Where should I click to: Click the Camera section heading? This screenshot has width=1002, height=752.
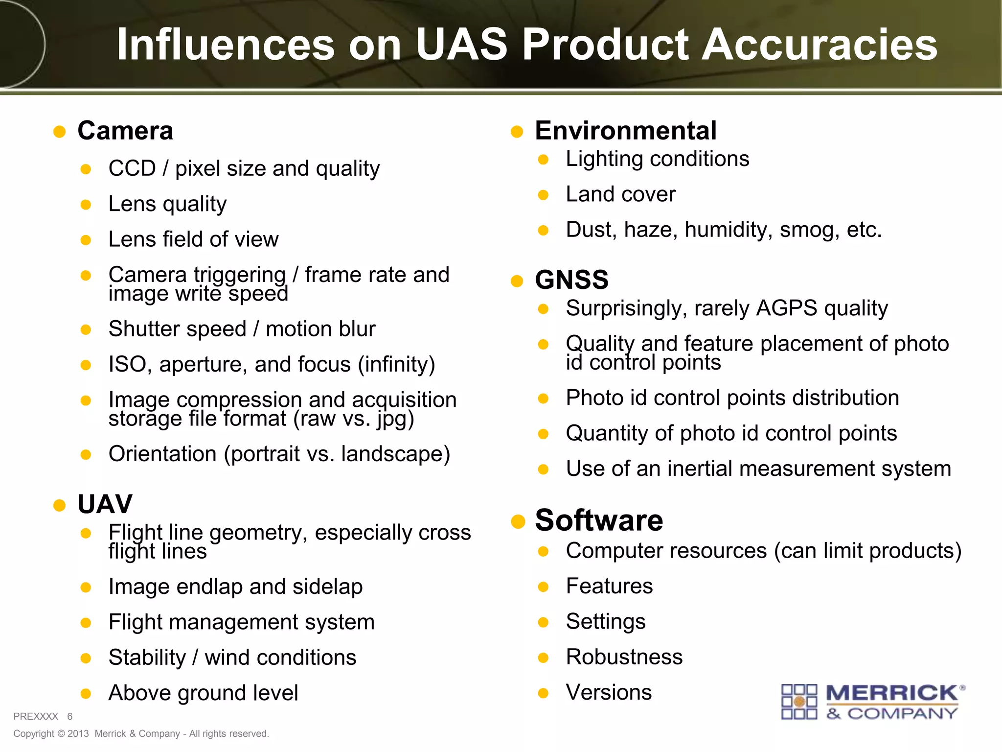point(125,131)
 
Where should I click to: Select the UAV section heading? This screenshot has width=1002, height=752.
point(105,504)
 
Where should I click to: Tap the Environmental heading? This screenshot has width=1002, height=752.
point(626,131)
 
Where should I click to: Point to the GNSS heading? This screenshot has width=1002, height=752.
point(571,280)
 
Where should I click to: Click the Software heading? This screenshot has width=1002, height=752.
point(599,520)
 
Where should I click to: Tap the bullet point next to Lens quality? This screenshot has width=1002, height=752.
point(86,205)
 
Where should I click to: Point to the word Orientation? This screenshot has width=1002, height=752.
point(162,454)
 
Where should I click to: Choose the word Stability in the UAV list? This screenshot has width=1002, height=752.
point(147,658)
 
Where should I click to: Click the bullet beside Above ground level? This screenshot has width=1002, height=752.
point(86,694)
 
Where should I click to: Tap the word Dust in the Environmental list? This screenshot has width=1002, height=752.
point(591,230)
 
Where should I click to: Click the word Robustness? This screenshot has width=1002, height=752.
point(624,657)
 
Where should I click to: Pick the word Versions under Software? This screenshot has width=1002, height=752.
point(609,692)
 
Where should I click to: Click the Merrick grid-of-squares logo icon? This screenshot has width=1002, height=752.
point(799,702)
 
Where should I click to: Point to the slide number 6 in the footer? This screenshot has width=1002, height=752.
point(70,716)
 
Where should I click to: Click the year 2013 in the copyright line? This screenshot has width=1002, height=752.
point(78,733)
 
